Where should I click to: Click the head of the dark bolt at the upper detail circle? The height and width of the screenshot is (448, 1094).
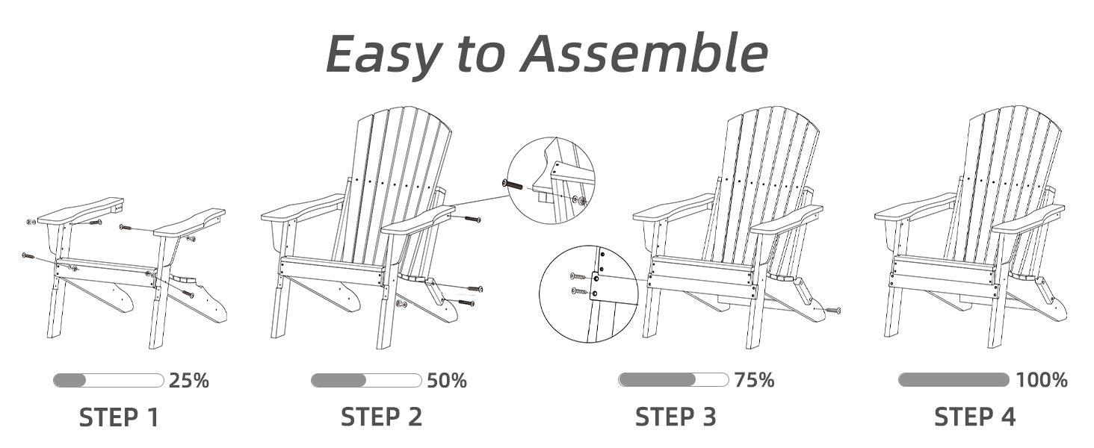tap(506, 184)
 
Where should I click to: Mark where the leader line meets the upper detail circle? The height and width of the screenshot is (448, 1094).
tap(508, 196)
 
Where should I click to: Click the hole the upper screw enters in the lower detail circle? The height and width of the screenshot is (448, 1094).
tap(596, 279)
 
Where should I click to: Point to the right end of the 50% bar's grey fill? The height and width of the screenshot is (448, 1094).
tap(365, 380)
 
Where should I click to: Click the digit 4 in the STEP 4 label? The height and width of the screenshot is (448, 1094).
tap(1007, 417)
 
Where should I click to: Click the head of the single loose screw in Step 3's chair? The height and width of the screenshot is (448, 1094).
tap(838, 310)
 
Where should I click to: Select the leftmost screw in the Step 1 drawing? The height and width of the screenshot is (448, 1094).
tap(28, 255)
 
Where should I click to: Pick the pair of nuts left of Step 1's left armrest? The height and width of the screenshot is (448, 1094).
tap(31, 222)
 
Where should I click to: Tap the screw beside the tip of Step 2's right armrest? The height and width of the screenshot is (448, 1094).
tap(473, 219)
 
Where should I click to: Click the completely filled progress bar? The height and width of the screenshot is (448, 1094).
tap(954, 379)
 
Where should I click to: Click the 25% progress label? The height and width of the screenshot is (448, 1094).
tap(189, 380)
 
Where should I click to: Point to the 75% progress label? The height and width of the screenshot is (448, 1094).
tap(755, 379)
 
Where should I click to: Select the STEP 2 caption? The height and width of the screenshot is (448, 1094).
tap(381, 417)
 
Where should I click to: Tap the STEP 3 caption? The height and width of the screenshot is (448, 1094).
tap(676, 417)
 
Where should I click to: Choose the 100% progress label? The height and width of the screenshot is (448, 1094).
tap(1042, 379)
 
